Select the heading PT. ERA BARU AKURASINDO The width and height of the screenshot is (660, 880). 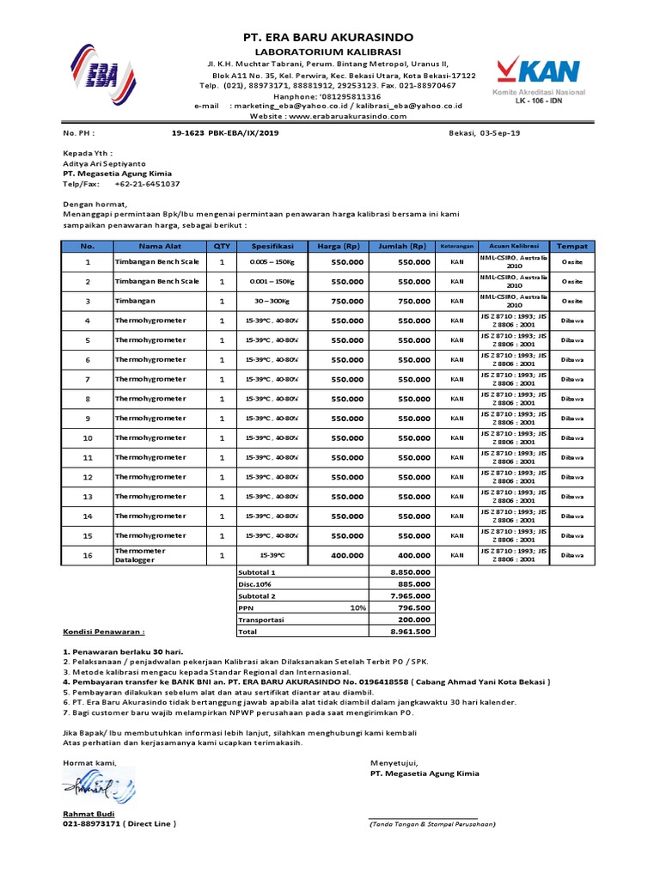point(330,38)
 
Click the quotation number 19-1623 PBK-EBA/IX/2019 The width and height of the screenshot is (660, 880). point(225,134)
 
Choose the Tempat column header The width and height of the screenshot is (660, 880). point(571,246)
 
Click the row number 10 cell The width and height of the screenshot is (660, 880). point(87,438)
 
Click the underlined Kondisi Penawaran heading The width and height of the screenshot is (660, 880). point(103,631)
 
